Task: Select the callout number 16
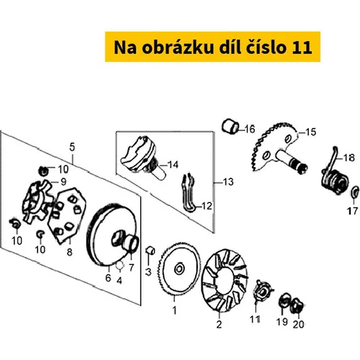[250, 129]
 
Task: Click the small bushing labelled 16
[230, 126]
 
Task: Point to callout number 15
[311, 132]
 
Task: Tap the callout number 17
[352, 211]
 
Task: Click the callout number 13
[228, 182]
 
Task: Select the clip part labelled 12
[189, 193]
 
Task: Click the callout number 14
[173, 165]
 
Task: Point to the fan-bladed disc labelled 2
[224, 281]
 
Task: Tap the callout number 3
[148, 271]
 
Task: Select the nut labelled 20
[297, 306]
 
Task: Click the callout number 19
[282, 322]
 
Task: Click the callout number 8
[69, 252]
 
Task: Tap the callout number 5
[72, 147]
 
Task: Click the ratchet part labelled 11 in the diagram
[261, 291]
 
